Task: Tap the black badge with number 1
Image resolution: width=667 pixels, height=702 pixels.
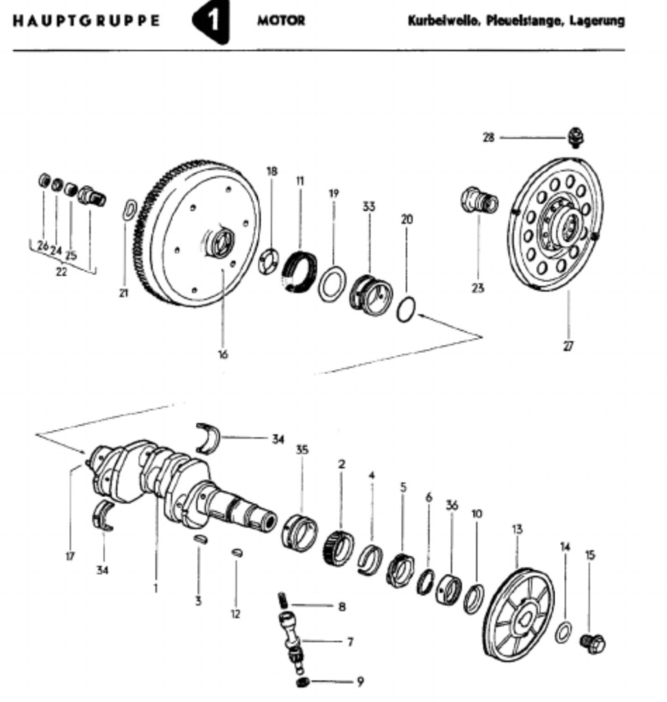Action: [213, 22]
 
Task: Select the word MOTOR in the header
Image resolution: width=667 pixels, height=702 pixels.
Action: [281, 21]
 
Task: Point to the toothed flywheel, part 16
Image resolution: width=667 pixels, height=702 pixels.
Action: [199, 233]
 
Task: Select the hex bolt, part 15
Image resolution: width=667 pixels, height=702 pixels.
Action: [593, 643]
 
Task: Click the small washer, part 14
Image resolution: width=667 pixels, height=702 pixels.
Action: [563, 632]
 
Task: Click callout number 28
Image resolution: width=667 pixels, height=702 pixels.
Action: [488, 138]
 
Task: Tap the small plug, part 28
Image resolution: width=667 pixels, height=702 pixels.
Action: [576, 136]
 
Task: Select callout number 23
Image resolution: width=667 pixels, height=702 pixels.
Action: [478, 289]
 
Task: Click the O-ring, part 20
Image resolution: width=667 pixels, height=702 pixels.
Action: [406, 309]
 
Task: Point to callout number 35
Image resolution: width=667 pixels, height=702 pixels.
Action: [302, 450]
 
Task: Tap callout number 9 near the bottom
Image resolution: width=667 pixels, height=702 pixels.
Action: [360, 681]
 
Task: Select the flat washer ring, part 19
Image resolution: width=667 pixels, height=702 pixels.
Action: [332, 284]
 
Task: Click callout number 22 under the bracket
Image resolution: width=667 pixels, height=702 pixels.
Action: [62, 271]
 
